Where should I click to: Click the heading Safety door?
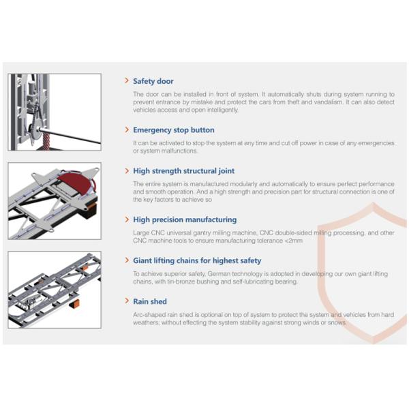click(x=153, y=81)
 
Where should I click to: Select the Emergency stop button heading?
click(x=174, y=130)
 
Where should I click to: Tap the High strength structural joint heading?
click(x=183, y=171)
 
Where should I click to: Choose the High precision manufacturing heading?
click(x=185, y=219)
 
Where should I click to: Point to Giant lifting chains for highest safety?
click(x=197, y=260)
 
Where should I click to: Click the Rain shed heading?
click(x=150, y=301)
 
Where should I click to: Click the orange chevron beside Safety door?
click(x=127, y=80)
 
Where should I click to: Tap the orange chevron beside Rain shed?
click(x=127, y=301)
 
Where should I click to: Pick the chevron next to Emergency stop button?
click(x=127, y=130)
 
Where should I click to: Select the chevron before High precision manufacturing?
click(x=127, y=219)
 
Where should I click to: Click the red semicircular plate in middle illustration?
click(x=76, y=181)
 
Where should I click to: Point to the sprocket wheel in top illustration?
click(x=36, y=130)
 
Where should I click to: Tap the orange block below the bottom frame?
click(x=75, y=304)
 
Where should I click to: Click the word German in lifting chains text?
click(x=219, y=273)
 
